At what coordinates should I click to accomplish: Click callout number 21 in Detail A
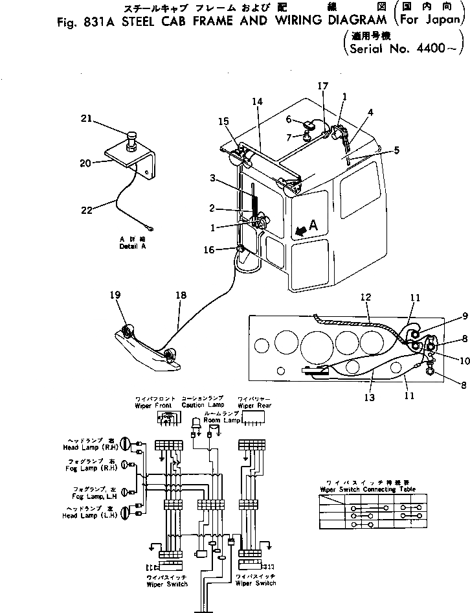(x=86, y=118)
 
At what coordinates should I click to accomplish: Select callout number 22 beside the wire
(x=86, y=209)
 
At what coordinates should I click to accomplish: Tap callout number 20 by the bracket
(x=85, y=163)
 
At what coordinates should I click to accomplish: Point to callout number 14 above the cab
(x=258, y=102)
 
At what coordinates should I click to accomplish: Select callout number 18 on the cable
(x=181, y=295)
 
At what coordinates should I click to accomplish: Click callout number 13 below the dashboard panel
(x=368, y=380)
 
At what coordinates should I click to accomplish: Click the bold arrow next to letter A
(x=300, y=230)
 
